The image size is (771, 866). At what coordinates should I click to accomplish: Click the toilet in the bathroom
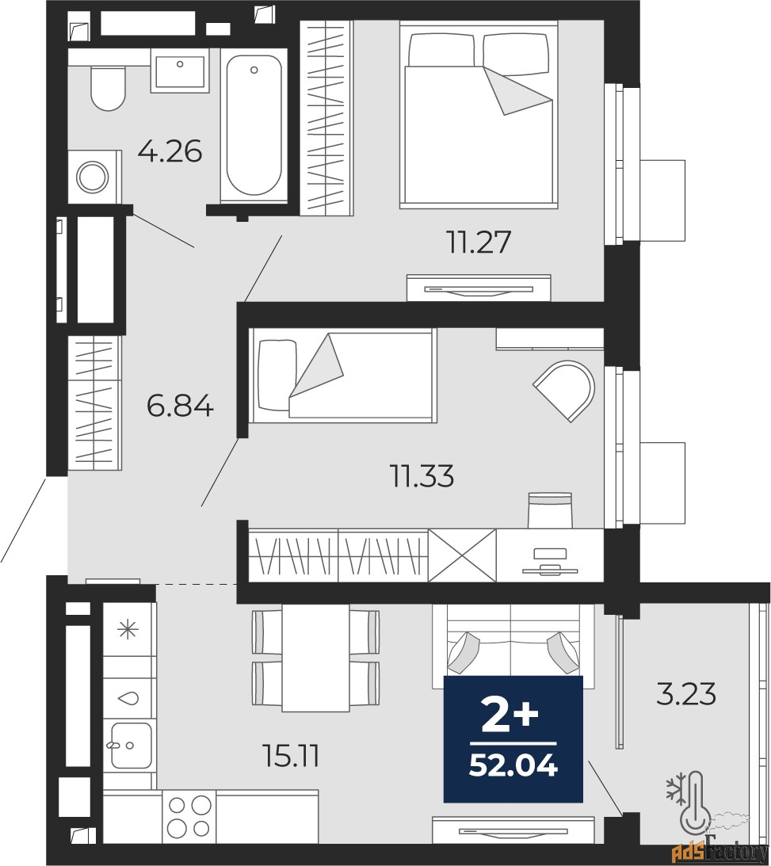coord(109,89)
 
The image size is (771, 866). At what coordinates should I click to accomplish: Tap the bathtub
coord(254,126)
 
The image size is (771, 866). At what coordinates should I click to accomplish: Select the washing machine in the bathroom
coord(95,177)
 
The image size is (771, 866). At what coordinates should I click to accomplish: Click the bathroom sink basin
coord(180,71)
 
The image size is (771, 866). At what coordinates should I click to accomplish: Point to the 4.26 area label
coord(170,151)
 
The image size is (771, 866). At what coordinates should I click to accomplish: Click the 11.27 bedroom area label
coord(479,242)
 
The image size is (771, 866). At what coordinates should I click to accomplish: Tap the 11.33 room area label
coord(422,475)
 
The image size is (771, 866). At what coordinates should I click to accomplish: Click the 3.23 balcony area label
coord(686,694)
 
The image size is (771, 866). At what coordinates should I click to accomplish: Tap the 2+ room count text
coord(510,716)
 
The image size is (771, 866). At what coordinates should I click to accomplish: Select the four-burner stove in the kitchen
coord(189,816)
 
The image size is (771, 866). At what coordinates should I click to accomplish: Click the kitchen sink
coord(132,745)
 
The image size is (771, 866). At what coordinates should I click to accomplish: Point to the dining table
coord(315,658)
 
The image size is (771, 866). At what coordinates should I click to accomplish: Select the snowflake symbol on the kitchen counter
coord(128,629)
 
